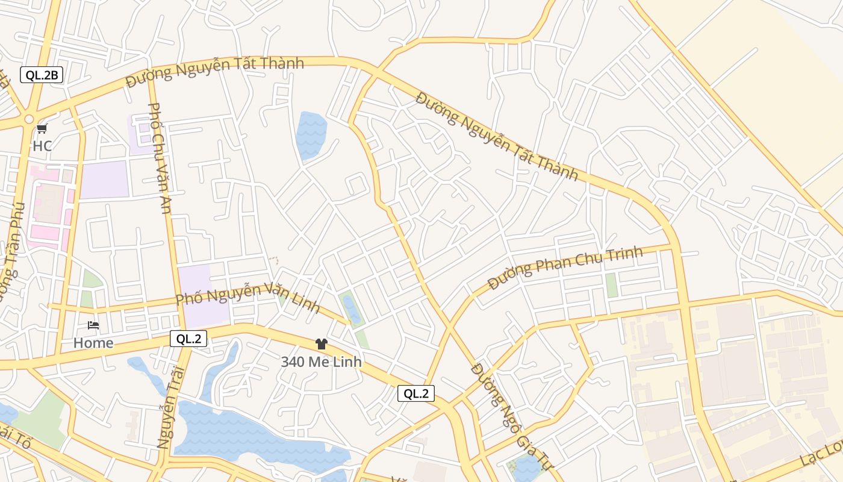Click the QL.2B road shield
pos(42,75)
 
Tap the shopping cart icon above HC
pos(42,128)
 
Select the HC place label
pos(42,146)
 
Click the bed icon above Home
pos(93,325)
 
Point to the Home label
pos(93,343)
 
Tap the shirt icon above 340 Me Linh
pos(322,344)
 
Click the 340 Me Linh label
pos(322,361)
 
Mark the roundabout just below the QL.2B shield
pos(28,119)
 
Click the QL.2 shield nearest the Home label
pos(188,339)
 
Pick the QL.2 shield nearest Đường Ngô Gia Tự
pos(415,393)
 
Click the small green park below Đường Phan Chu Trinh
pos(612,285)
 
